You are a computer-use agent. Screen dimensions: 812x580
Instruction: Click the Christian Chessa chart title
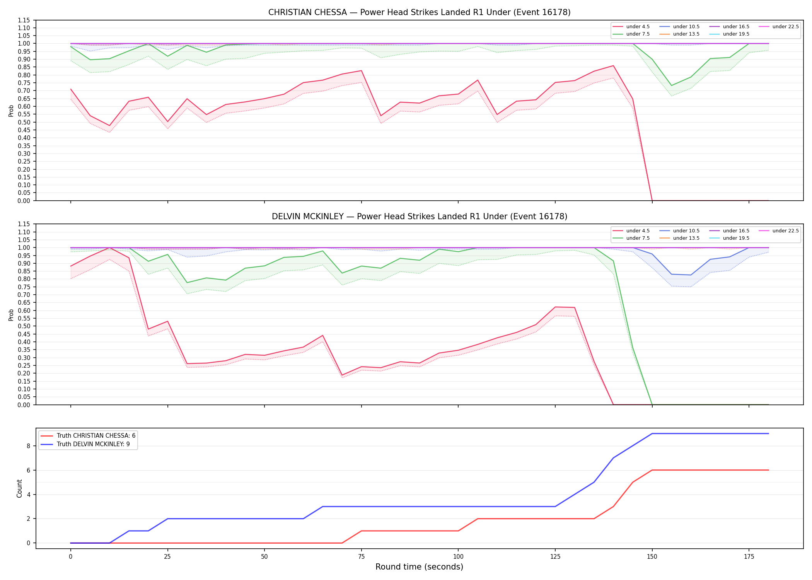(420, 12)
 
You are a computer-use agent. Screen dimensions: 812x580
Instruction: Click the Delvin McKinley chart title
(420, 217)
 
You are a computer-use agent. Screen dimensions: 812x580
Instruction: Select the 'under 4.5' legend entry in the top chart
(631, 27)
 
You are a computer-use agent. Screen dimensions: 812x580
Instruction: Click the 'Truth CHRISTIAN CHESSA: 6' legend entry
(88, 436)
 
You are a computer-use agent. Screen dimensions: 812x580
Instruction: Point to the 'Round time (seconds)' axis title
(420, 567)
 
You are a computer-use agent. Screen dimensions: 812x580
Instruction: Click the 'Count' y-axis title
(19, 488)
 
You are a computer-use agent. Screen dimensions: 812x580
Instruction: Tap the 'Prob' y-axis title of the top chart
(11, 111)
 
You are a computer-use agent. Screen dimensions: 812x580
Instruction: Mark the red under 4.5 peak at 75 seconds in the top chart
(361, 70)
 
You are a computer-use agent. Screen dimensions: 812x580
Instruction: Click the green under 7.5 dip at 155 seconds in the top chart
(672, 85)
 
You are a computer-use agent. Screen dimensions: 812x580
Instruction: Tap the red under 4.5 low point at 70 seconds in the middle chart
(342, 375)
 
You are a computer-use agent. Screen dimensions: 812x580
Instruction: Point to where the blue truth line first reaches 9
(652, 433)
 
